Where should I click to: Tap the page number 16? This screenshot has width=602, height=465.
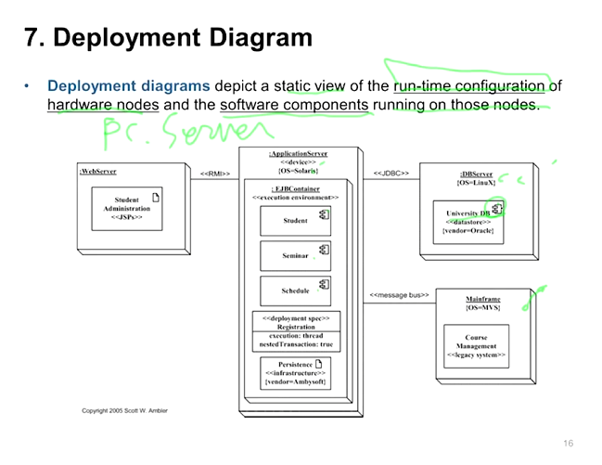pos(568,444)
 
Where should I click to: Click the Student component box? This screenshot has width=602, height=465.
pos(296,220)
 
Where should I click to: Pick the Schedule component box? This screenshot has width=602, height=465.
pos(296,290)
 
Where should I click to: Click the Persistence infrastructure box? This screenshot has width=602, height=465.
pos(296,372)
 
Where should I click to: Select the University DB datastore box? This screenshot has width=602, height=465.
pos(468,221)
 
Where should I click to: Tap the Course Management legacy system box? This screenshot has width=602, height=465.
pos(476,344)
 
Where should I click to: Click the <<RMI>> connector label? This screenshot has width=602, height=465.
pos(215,174)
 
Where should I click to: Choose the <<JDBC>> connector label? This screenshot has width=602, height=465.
pos(391,174)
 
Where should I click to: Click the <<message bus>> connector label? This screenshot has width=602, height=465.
pos(400,295)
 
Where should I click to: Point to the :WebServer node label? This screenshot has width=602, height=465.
pos(98,172)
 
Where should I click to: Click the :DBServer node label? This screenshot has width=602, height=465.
pos(476,174)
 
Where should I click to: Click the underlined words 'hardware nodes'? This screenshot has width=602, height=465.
pos(103,105)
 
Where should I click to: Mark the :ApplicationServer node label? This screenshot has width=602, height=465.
pos(298,153)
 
